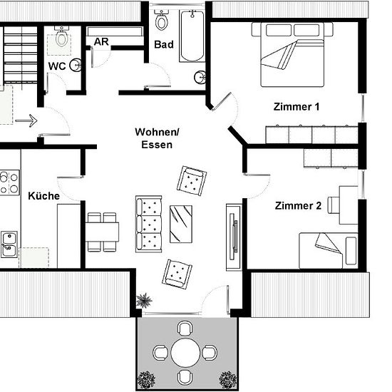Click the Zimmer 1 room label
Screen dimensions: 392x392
[x=296, y=107]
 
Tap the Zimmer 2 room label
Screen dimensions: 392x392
[x=298, y=206]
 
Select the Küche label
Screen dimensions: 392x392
[x=43, y=196]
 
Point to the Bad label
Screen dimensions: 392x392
[x=164, y=44]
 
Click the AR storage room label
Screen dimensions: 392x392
[x=101, y=42]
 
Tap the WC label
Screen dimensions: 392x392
[x=57, y=66]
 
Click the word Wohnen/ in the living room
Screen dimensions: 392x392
[x=157, y=132]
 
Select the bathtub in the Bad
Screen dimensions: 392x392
[x=192, y=36]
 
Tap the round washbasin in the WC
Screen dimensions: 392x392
[x=76, y=66]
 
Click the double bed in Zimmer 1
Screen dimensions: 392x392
[x=292, y=54]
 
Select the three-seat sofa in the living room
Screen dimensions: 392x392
[x=148, y=224]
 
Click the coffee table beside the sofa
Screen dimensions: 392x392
[x=181, y=224]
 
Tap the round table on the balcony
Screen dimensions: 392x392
[x=186, y=353]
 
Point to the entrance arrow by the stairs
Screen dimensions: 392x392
[x=26, y=120]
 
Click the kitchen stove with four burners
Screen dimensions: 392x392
[x=9, y=182]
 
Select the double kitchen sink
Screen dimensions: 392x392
[x=9, y=244]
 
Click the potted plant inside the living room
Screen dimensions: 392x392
[x=144, y=300]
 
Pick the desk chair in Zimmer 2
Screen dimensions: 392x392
[x=334, y=205]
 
